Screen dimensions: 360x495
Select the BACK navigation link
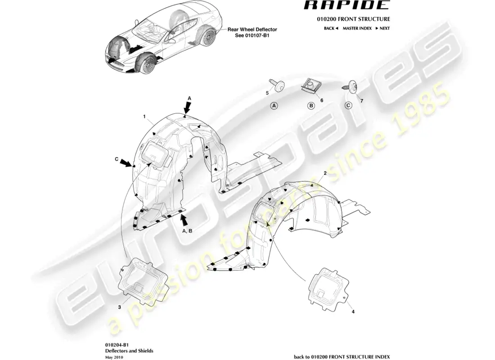click(x=331, y=28)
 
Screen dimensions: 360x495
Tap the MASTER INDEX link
click(x=357, y=28)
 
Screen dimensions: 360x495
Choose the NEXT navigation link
click(x=382, y=28)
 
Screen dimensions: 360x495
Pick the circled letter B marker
click(x=310, y=106)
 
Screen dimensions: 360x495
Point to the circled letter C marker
click(x=348, y=106)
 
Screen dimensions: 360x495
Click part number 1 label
click(x=144, y=116)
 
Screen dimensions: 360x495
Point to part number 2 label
click(x=325, y=173)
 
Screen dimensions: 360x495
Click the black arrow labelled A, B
click(x=184, y=219)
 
